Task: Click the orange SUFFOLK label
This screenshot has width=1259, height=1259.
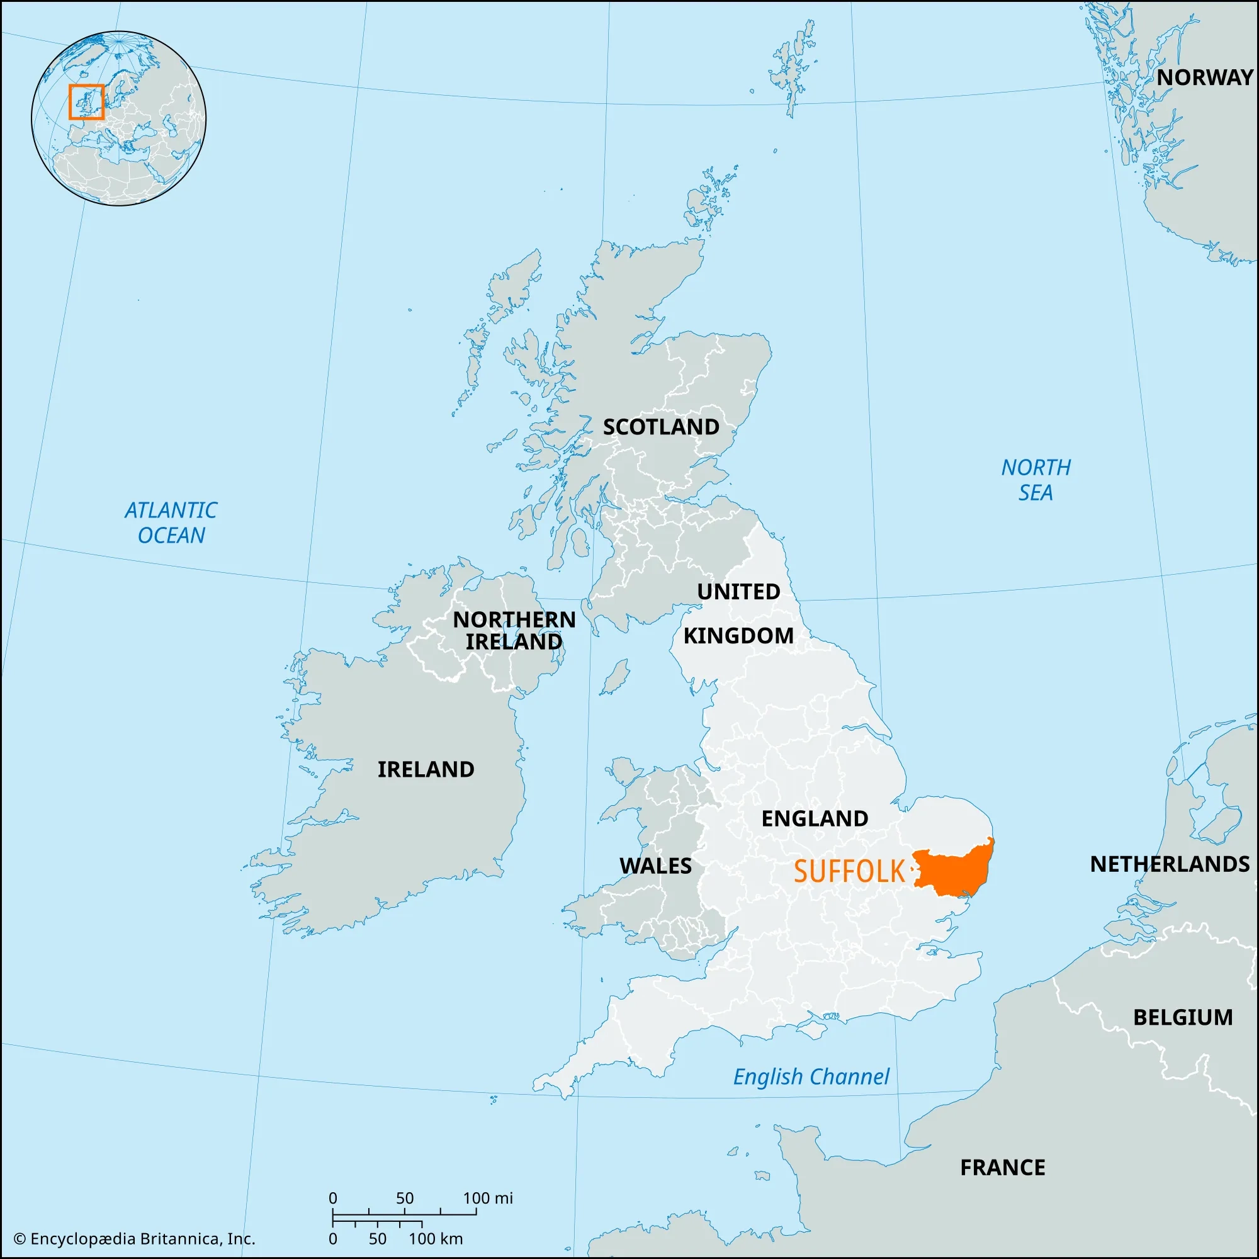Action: pos(849,872)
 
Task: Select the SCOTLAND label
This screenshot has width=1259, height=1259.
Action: pos(661,427)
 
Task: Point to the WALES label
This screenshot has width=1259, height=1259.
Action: pos(655,866)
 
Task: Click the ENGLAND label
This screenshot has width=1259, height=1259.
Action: pos(815,818)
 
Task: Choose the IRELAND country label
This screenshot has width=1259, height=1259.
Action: pos(426,770)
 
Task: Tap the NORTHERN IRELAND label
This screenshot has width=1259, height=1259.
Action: pos(514,630)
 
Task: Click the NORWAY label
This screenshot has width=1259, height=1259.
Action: pos(1205,77)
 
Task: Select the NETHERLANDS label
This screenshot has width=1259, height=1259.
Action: pos(1170,864)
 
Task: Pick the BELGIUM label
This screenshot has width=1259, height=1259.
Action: pos(1183,1017)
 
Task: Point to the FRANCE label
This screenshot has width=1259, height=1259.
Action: pos(1002,1167)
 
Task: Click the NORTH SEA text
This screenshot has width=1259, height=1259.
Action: pos(1036,480)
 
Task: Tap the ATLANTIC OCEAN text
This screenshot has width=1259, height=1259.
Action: pos(171,522)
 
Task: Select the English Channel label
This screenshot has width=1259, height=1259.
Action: pos(811,1076)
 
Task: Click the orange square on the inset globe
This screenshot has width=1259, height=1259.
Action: pos(87,103)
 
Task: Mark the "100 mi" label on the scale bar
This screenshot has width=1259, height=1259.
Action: pos(487,1198)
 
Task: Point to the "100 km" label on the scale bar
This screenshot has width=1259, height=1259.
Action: pos(436,1239)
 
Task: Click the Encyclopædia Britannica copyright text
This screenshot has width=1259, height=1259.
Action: pos(134,1239)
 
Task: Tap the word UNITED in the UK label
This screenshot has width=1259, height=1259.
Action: pos(738,592)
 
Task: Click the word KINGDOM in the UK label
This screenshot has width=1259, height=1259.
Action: pos(738,635)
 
